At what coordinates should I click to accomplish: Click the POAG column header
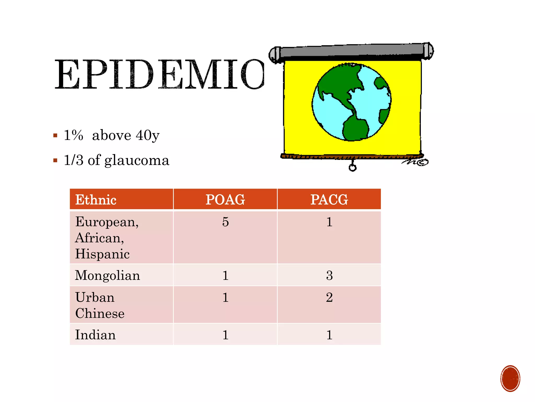[225, 199]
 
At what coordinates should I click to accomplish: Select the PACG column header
[329, 199]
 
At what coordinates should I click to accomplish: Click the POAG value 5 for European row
[225, 222]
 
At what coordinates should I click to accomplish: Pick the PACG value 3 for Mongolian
[329, 275]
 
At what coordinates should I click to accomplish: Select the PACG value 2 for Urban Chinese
[329, 297]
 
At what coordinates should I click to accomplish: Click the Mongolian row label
[107, 275]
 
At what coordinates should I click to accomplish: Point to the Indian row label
[95, 335]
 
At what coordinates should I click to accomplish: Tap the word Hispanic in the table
[102, 254]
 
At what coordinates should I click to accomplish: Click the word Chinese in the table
[100, 313]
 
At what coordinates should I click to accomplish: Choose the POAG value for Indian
[225, 335]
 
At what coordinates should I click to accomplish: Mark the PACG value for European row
[329, 222]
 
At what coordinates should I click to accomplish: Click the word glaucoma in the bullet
[137, 160]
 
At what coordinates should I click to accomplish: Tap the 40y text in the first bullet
[148, 135]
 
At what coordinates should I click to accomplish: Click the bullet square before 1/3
[55, 160]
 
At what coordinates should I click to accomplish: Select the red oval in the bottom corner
[510, 378]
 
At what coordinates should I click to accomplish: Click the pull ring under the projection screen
[352, 167]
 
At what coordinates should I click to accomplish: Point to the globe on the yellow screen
[351, 102]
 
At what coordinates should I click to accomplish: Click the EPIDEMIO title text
[159, 75]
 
